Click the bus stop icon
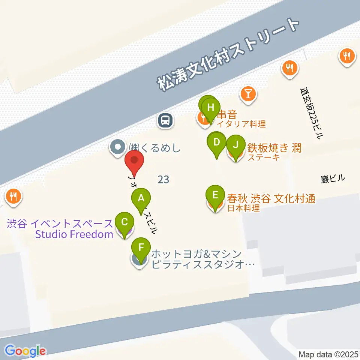165,121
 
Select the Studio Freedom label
74,235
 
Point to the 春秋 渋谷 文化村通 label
271,199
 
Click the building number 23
163,180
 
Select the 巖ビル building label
333,179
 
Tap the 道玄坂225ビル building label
311,113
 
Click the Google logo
25,351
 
